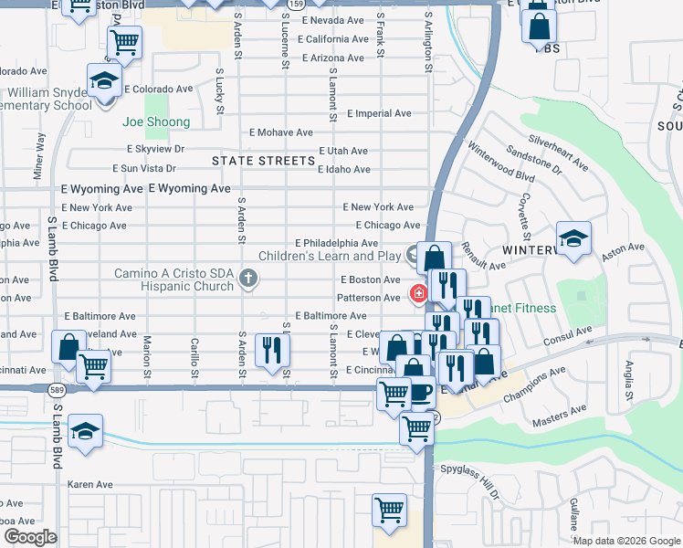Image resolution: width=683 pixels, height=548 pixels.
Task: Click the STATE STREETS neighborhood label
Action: [263, 161]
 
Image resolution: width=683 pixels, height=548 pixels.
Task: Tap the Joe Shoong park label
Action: [156, 122]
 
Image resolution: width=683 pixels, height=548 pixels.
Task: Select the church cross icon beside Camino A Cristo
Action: [247, 278]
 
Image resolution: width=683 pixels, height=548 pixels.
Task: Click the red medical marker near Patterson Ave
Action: [417, 294]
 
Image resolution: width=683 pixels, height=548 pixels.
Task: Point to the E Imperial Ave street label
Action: [379, 114]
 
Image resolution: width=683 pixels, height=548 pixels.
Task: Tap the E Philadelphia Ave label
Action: [336, 243]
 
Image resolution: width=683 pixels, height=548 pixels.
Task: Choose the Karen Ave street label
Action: [89, 484]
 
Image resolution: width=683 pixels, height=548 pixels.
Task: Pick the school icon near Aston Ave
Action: [573, 238]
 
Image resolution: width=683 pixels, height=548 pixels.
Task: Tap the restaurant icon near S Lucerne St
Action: [271, 351]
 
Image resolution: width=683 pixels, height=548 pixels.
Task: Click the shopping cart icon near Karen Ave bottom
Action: [390, 510]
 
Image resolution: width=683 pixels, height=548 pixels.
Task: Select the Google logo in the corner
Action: [30, 537]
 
